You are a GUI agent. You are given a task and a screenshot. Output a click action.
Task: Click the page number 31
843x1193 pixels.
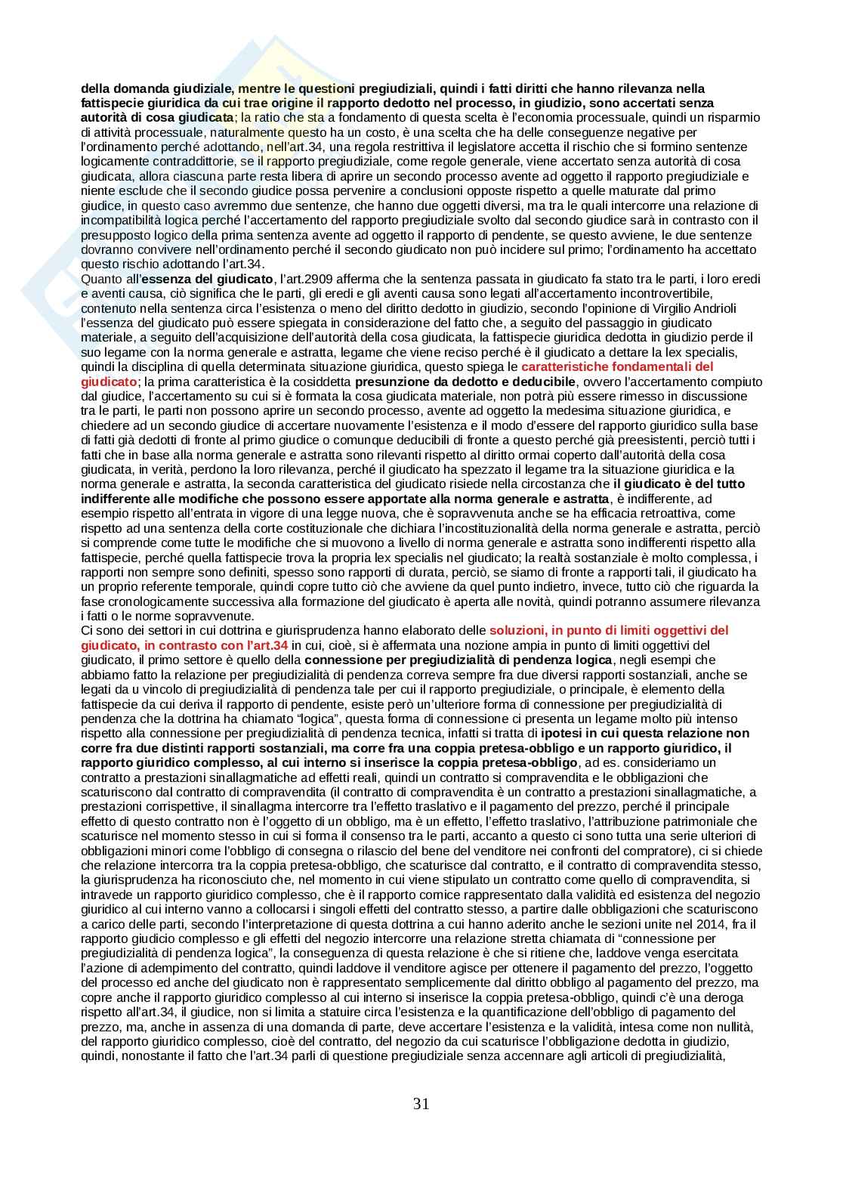coord(421,1104)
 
